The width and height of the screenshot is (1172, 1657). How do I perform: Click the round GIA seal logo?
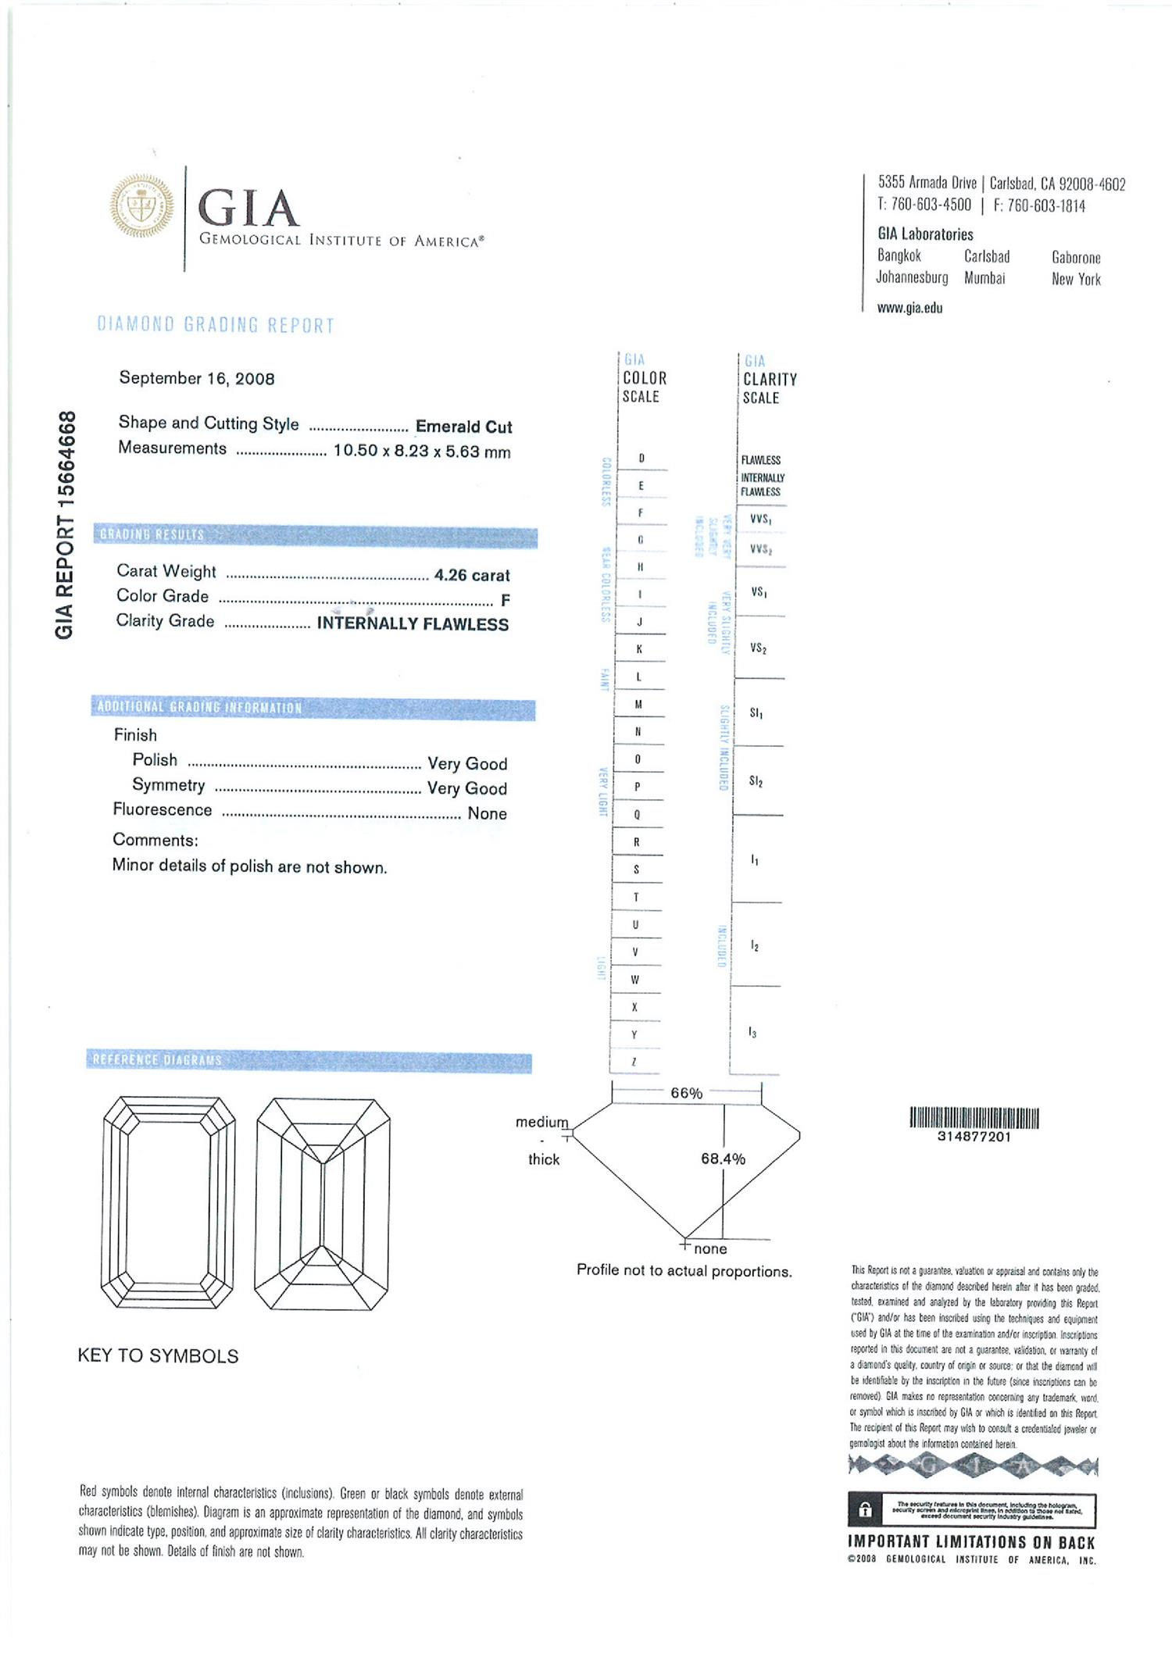click(141, 206)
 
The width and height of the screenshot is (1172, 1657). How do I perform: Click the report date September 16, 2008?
click(197, 379)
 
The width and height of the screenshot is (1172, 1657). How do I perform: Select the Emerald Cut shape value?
click(463, 427)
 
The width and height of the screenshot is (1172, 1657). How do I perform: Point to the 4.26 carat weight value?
click(472, 576)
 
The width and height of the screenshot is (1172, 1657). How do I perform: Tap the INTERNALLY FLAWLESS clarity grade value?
click(413, 624)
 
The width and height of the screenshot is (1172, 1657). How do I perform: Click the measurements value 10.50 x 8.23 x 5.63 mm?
click(422, 452)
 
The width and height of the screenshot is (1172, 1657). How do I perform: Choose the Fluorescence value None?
click(487, 813)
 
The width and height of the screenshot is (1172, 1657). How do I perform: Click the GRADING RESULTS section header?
click(152, 535)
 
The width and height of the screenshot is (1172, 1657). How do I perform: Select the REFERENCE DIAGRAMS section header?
click(157, 1060)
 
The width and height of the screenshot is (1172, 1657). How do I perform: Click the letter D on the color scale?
click(641, 459)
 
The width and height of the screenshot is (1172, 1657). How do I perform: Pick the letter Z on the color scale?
click(634, 1062)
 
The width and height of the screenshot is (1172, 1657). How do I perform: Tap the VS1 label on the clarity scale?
click(759, 592)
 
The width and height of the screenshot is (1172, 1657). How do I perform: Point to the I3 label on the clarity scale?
click(753, 1033)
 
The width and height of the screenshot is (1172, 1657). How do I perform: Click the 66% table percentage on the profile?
click(686, 1093)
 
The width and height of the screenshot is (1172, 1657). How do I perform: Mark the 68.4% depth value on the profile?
click(723, 1159)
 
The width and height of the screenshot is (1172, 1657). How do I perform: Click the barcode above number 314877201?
click(974, 1118)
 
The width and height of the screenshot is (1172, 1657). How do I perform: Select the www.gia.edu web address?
click(909, 308)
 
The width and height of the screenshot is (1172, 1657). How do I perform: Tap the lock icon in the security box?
click(865, 1510)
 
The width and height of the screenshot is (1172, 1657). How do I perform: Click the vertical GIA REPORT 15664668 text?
click(66, 524)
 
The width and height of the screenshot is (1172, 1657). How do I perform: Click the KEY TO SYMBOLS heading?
click(158, 1355)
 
